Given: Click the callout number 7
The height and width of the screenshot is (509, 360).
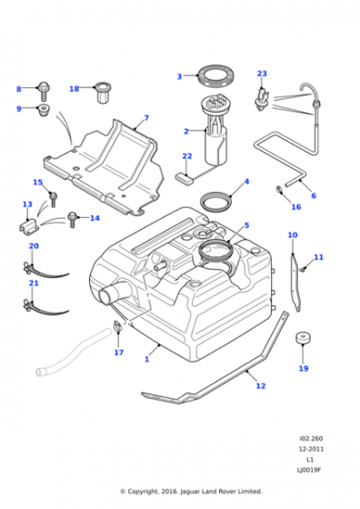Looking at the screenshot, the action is (x=146, y=117).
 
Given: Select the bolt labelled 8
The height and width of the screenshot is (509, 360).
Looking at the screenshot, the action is (x=44, y=91).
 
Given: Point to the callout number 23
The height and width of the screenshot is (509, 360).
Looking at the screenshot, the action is (x=262, y=74).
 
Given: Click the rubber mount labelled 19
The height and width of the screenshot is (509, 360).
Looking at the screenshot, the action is (x=304, y=338).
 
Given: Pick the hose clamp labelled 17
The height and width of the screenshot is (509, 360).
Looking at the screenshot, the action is (x=117, y=326).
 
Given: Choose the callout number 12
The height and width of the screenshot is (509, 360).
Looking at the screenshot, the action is (x=261, y=385).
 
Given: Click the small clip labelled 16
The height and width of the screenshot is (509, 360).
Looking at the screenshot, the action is (x=279, y=189).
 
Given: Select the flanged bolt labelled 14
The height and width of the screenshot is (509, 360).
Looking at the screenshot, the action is (x=72, y=219).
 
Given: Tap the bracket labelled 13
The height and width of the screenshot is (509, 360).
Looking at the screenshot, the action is (x=29, y=225).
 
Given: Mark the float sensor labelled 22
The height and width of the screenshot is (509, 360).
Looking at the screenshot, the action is (x=184, y=176).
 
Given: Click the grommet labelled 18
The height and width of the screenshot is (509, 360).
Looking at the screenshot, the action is (x=103, y=92).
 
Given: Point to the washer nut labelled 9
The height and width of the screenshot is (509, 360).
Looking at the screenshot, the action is (x=43, y=110).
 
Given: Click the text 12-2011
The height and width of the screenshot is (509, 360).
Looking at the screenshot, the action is (x=311, y=449).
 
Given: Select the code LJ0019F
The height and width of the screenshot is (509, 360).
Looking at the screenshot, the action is (x=310, y=470).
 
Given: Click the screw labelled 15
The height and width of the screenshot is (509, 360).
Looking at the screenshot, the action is (x=54, y=199).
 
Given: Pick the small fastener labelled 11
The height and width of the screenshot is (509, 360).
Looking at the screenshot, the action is (x=303, y=269).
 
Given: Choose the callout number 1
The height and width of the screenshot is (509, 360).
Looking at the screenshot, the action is (x=146, y=359).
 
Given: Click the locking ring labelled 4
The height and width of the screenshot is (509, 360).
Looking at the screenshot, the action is (x=215, y=202).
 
